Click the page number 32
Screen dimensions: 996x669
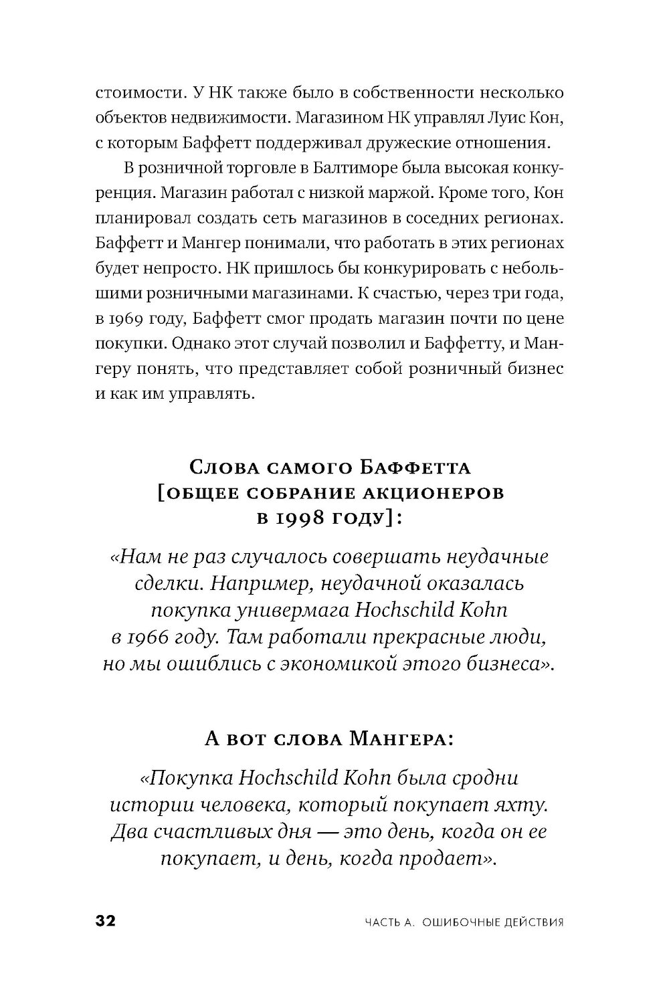pyautogui.click(x=106, y=921)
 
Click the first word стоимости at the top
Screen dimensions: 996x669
pyautogui.click(x=138, y=92)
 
